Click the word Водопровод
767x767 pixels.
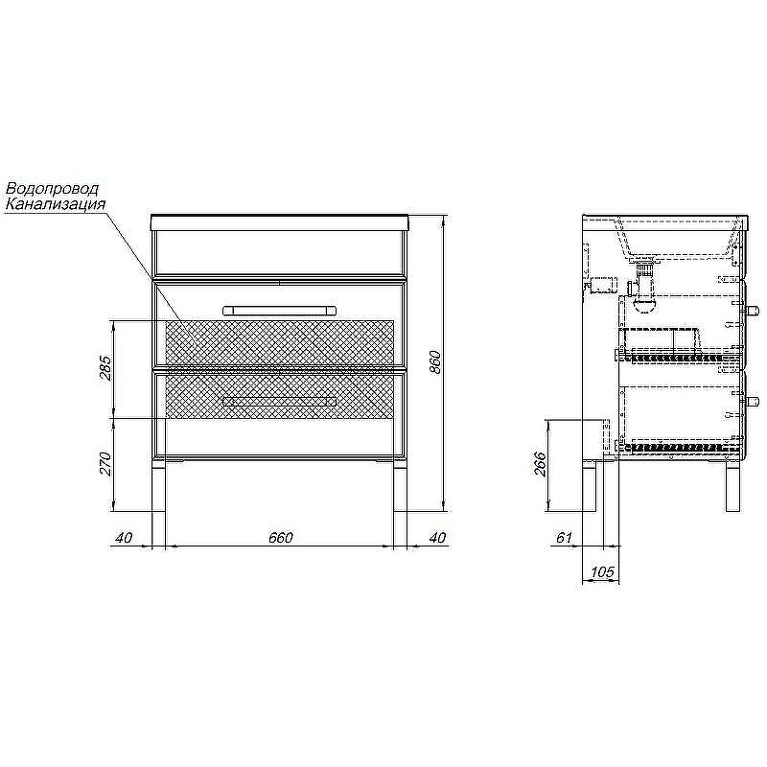tap(52, 188)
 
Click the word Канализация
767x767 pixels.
tap(55, 203)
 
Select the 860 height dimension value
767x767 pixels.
tap(435, 362)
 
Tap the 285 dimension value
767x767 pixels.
tap(105, 368)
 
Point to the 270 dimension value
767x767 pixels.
tap(105, 464)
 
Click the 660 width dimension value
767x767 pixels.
tap(280, 537)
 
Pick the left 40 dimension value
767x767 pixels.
tap(124, 537)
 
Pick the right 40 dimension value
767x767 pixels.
tap(437, 537)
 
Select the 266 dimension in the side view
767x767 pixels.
tap(539, 464)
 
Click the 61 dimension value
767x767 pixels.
tap(564, 537)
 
